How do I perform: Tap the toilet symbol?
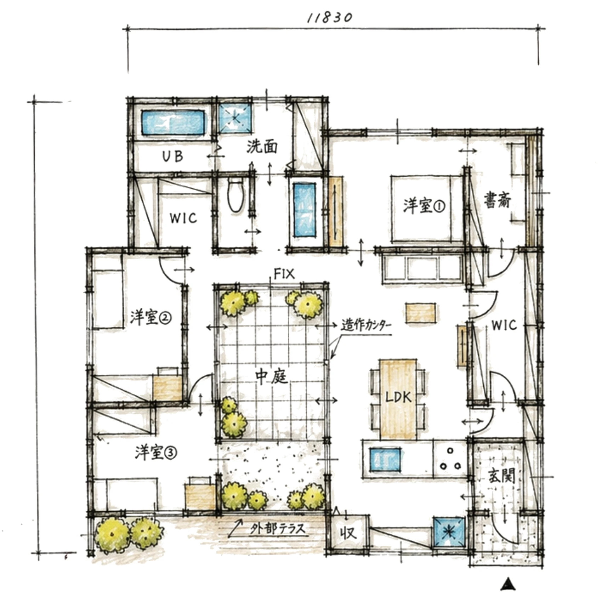pyautogui.click(x=235, y=195)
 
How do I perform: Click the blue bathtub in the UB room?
pyautogui.click(x=173, y=123)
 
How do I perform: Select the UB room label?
pyautogui.click(x=173, y=156)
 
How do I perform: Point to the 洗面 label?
pyautogui.click(x=262, y=147)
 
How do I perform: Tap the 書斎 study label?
pyautogui.click(x=498, y=200)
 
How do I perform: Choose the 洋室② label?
pyautogui.click(x=151, y=317)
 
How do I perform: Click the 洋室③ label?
pyautogui.click(x=156, y=452)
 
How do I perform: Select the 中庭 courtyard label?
pyautogui.click(x=272, y=377)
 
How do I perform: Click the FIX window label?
pyautogui.click(x=284, y=274)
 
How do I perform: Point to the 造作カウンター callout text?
pyautogui.click(x=367, y=325)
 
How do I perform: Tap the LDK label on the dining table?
pyautogui.click(x=398, y=397)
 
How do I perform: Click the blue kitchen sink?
pyautogui.click(x=385, y=459)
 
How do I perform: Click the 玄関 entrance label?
pyautogui.click(x=502, y=476)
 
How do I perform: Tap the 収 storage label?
pyautogui.click(x=348, y=533)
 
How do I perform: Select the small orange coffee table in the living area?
pyautogui.click(x=421, y=313)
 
